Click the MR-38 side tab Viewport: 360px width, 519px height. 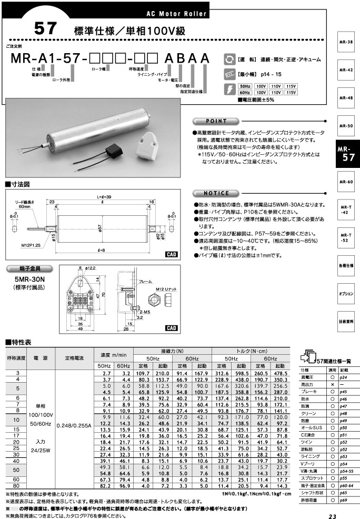point(346,41)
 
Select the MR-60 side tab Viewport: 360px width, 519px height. point(346,182)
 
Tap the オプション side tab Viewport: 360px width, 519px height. point(346,293)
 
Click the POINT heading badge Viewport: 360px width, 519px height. point(216,121)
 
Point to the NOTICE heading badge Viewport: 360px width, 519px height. point(216,193)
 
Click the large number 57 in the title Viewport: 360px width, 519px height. point(45,29)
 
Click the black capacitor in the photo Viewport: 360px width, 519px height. point(113,149)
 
